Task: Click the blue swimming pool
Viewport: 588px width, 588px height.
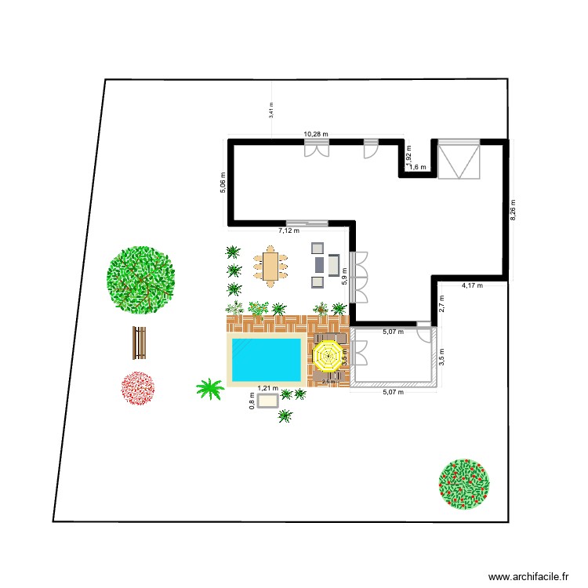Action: point(264,359)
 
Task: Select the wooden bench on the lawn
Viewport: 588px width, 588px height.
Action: point(140,341)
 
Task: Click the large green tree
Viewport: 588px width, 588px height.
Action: point(141,278)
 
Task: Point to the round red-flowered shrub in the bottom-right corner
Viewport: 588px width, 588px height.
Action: point(465,483)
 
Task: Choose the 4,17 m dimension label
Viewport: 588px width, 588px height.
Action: point(472,285)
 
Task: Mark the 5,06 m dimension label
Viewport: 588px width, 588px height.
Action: point(222,183)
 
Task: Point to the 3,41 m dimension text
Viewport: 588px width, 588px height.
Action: point(271,110)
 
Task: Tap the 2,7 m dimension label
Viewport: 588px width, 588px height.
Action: point(441,303)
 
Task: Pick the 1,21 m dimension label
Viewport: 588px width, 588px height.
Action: point(267,388)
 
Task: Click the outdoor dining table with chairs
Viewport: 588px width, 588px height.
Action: point(270,267)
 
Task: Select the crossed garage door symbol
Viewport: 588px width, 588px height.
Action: point(459,160)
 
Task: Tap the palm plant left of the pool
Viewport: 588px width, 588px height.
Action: point(209,388)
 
